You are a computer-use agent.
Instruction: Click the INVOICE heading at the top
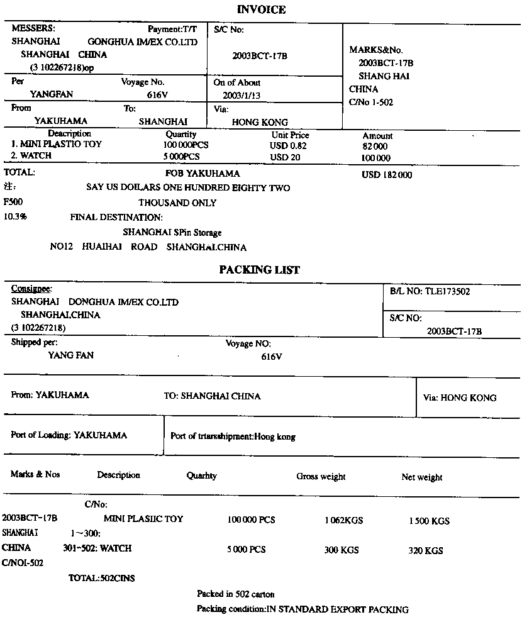click(x=261, y=9)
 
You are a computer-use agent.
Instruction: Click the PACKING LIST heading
click(x=259, y=270)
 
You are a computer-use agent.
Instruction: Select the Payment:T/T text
click(x=172, y=29)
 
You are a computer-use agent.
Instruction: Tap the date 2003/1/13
click(x=242, y=96)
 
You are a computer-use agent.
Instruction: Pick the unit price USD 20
click(x=285, y=157)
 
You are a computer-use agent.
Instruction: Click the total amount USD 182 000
click(x=387, y=175)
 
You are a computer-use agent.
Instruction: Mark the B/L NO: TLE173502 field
click(x=430, y=291)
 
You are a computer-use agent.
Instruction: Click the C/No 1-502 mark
click(x=371, y=103)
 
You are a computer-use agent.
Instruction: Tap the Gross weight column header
click(x=321, y=477)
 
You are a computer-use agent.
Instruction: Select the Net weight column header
click(x=421, y=477)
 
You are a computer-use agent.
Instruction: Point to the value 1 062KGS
click(x=343, y=521)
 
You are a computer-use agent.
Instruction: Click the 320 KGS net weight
click(x=425, y=550)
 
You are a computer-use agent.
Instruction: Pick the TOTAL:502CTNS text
click(x=101, y=578)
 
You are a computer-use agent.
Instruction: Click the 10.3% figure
click(x=15, y=216)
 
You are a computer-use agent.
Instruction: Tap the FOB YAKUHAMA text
click(x=203, y=174)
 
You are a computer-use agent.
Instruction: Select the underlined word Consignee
click(x=31, y=289)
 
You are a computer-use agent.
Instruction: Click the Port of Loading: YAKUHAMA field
click(x=69, y=435)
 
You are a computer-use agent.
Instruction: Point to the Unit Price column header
click(x=291, y=135)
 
